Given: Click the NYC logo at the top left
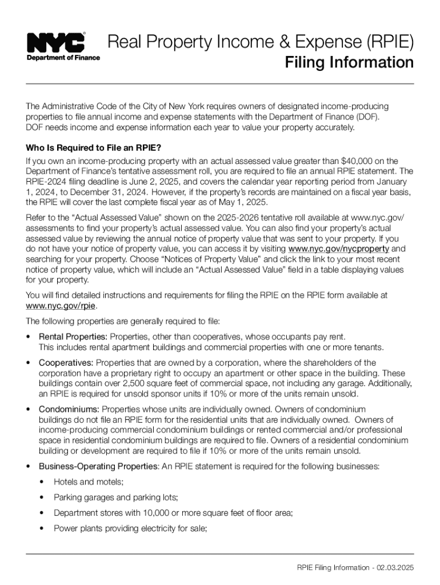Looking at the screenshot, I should click(57, 42).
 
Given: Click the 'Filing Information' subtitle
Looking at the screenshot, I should click(349, 62).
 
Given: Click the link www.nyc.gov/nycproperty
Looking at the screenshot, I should click(339, 249).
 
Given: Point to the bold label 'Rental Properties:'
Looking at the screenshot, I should click(73, 337).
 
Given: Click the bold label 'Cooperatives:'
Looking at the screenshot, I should click(66, 363).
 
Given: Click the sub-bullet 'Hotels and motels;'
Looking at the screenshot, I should click(89, 482).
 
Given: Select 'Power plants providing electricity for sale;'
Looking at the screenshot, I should click(130, 528).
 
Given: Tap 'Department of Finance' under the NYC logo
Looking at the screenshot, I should click(63, 57).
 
